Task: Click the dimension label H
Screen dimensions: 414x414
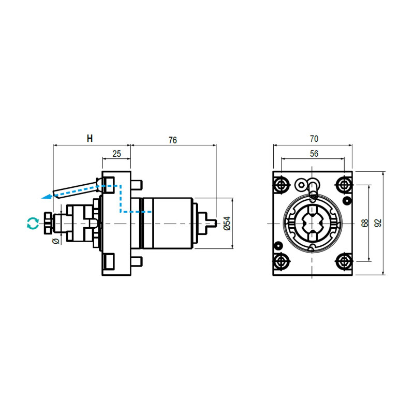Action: pyautogui.click(x=90, y=139)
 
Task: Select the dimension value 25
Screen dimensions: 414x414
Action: pyautogui.click(x=116, y=154)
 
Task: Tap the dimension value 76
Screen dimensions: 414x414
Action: pyautogui.click(x=173, y=140)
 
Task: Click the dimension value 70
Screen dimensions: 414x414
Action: pyautogui.click(x=313, y=139)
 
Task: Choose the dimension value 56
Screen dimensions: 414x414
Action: pyautogui.click(x=313, y=154)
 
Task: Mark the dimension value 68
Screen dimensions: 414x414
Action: pyautogui.click(x=365, y=223)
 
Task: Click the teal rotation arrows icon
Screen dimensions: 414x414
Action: pyautogui.click(x=33, y=223)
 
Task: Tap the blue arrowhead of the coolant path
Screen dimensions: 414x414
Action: pyautogui.click(x=47, y=196)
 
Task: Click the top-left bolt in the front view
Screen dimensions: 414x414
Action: pyautogui.click(x=282, y=185)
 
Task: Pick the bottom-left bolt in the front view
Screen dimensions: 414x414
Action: pyautogui.click(x=282, y=261)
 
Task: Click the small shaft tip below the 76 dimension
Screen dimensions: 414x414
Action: pyautogui.click(x=212, y=223)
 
